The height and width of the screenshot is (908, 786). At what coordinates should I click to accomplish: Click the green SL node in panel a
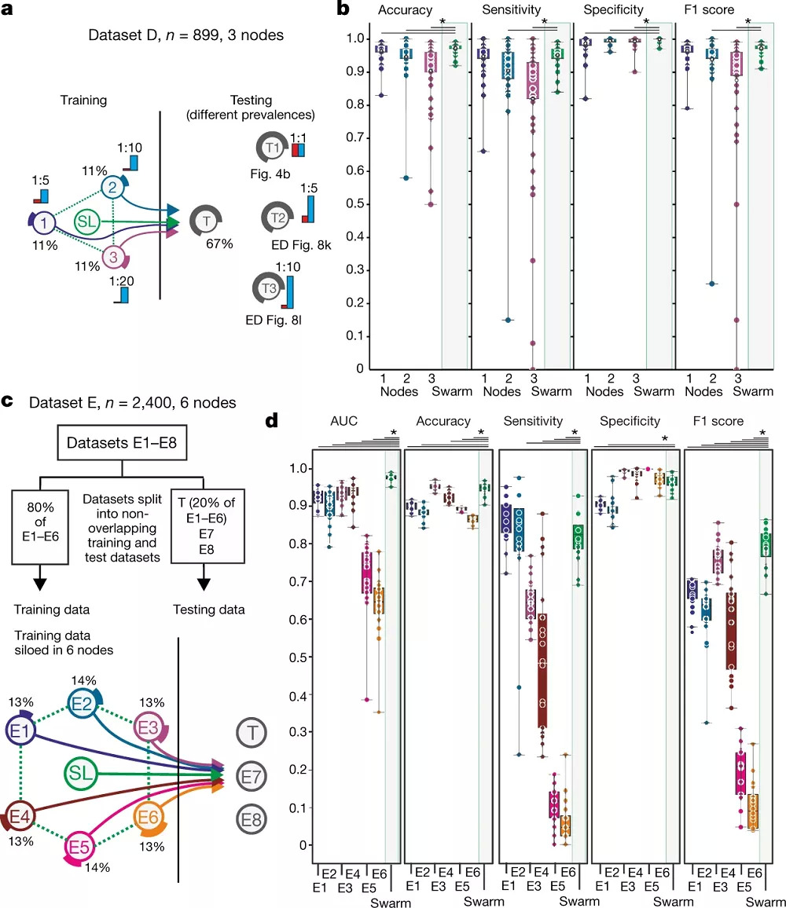click(87, 222)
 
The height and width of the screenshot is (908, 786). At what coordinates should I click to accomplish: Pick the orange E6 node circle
click(149, 817)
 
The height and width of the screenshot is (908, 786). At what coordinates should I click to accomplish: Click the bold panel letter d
click(270, 421)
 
